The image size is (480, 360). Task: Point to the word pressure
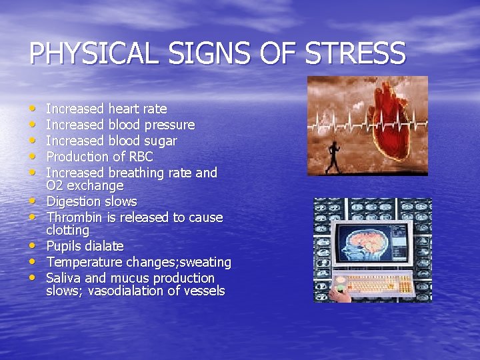tap(173, 125)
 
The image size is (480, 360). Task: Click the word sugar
tap(162, 141)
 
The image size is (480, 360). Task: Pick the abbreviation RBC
tap(138, 157)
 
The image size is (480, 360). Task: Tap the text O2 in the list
tap(54, 185)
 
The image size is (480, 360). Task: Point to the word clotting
tap(67, 230)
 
